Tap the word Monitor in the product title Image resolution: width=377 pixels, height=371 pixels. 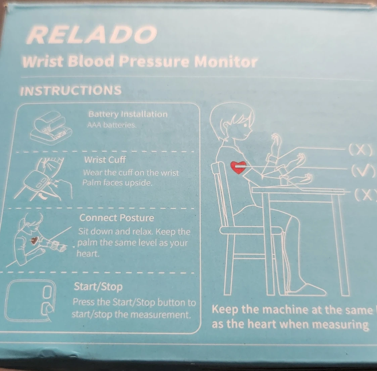(x=226, y=62)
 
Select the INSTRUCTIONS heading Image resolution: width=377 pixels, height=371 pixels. (x=71, y=91)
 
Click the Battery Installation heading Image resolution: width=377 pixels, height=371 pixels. (x=128, y=114)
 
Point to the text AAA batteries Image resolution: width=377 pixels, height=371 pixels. (x=112, y=125)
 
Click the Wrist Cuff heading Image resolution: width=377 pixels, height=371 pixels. (x=105, y=160)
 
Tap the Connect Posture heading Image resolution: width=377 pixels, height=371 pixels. (x=116, y=218)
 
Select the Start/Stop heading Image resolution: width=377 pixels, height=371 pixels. (x=98, y=287)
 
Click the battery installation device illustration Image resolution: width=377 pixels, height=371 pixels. (x=51, y=128)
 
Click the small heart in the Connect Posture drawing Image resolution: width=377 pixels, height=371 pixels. (x=34, y=240)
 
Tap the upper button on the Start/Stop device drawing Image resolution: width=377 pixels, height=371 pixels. (x=47, y=292)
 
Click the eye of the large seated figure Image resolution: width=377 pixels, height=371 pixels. (x=245, y=125)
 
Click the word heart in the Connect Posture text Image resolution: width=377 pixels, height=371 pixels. (x=88, y=254)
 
